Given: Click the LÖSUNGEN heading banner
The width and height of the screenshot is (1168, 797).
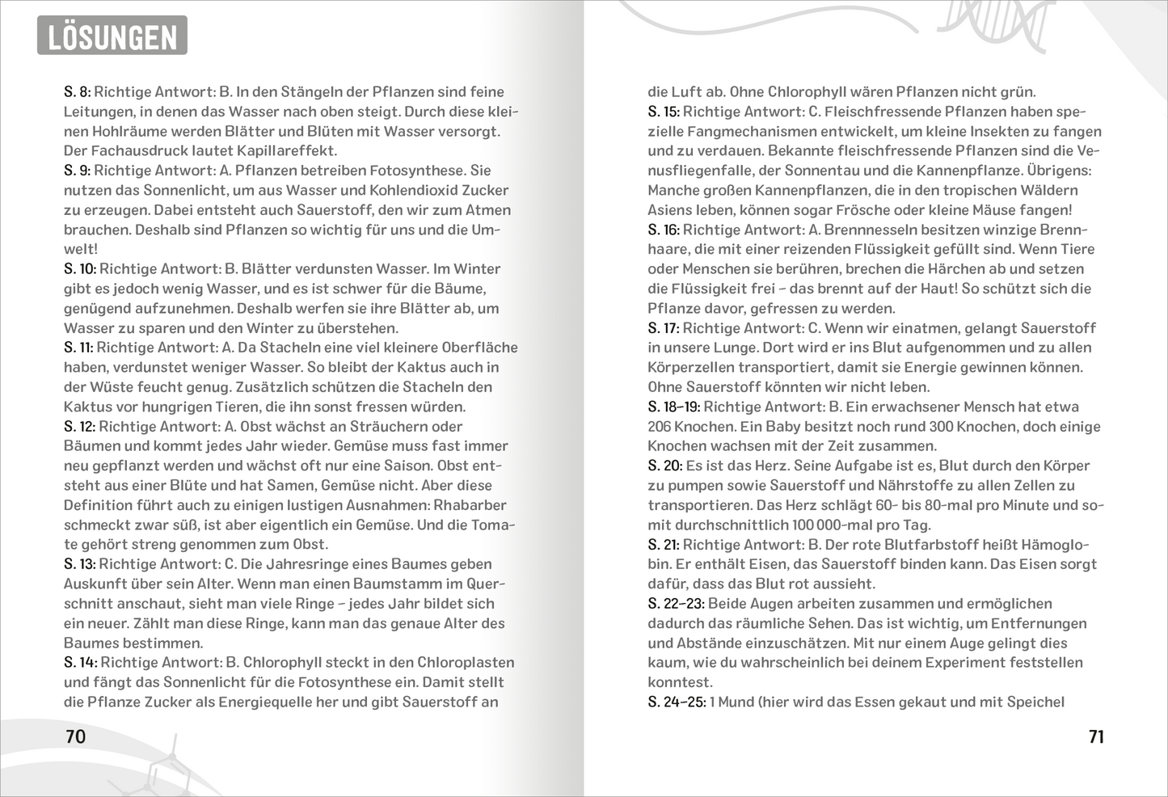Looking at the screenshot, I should click(112, 36).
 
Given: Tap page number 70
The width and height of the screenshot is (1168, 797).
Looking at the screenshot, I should click(75, 736).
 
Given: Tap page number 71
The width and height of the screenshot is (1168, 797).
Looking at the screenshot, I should click(1096, 736).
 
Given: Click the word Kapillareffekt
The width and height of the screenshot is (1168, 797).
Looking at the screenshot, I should click(286, 150).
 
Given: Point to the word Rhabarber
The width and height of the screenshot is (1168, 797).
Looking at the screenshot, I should click(470, 505).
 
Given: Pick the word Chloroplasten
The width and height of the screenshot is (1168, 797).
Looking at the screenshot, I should click(466, 662).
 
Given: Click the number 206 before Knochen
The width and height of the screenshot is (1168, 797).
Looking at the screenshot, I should click(659, 426).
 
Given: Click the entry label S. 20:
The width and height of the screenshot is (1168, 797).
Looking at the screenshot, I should click(664, 466).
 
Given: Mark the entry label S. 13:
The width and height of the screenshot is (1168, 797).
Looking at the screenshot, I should click(80, 564).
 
